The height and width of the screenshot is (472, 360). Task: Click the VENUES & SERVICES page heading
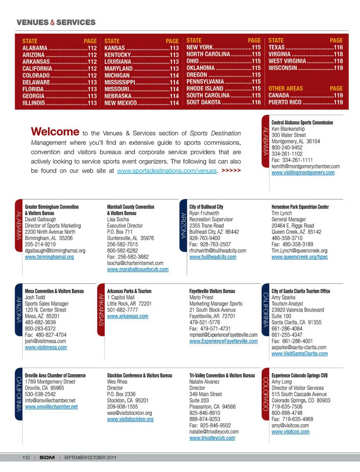[56, 22]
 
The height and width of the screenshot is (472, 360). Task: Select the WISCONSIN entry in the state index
[283, 68]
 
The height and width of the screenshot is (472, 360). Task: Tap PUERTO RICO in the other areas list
[285, 102]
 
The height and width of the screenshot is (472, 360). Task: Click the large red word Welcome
[55, 132]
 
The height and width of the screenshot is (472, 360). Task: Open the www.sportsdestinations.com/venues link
[167, 171]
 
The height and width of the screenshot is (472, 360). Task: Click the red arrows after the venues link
[231, 170]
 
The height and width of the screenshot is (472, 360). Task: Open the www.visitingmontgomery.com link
[303, 173]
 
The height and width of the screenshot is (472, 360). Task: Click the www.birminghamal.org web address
[49, 257]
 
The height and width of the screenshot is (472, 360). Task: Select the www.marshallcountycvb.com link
[138, 269]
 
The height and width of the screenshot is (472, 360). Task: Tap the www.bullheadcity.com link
[213, 257]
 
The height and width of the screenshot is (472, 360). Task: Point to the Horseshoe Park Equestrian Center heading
[300, 207]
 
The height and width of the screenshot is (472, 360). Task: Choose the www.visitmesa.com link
[46, 348]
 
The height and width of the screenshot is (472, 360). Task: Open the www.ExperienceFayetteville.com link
[223, 341]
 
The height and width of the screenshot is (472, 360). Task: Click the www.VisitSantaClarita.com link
[300, 354]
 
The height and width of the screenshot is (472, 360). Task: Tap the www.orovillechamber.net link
[51, 407]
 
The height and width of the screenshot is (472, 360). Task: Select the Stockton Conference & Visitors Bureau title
[139, 375]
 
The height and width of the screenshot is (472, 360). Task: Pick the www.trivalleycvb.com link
[212, 438]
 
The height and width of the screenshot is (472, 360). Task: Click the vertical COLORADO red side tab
[265, 394]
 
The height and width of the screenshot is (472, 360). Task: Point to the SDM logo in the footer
[47, 457]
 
